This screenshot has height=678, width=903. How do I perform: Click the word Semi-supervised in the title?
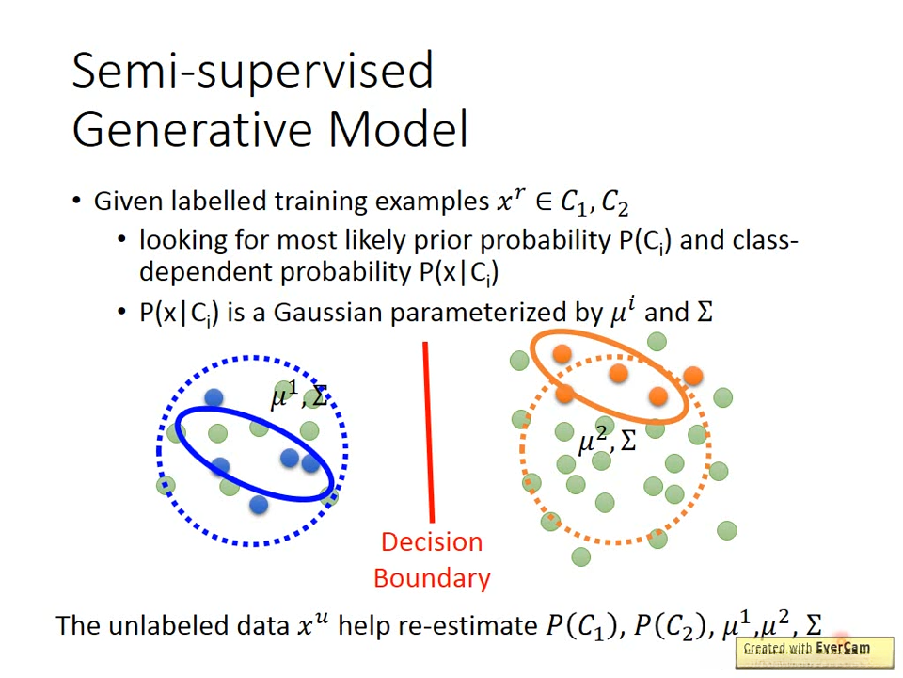pyautogui.click(x=253, y=72)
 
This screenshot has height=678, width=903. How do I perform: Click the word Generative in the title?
pyautogui.click(x=192, y=129)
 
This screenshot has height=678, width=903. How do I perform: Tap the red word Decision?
pyautogui.click(x=432, y=542)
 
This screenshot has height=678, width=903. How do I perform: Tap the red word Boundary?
pyautogui.click(x=432, y=578)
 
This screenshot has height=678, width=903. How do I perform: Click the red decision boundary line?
pyautogui.click(x=429, y=432)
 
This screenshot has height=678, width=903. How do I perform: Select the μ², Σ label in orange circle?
pyautogui.click(x=607, y=440)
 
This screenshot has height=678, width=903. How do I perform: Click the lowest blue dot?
pyautogui.click(x=259, y=505)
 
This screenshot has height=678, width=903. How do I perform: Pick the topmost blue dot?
pyautogui.click(x=214, y=397)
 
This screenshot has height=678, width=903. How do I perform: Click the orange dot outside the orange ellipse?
pyautogui.click(x=693, y=376)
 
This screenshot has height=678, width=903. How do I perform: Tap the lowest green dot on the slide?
pyautogui.click(x=580, y=557)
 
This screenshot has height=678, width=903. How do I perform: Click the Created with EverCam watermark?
pyautogui.click(x=815, y=652)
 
